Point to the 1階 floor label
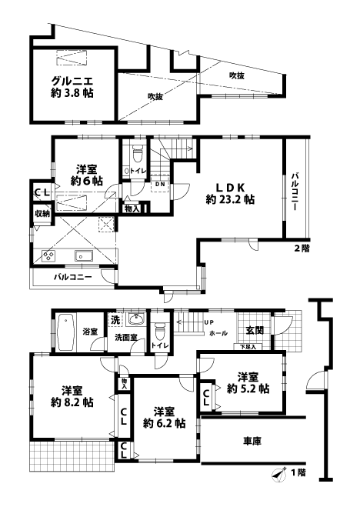(296, 472)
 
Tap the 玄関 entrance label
(255, 330)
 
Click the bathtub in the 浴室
(66, 332)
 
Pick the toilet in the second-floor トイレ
(137, 152)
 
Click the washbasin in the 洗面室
(137, 321)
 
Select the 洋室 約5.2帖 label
(247, 382)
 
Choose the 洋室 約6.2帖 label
(163, 417)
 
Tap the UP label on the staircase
(208, 322)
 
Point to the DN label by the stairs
(159, 185)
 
